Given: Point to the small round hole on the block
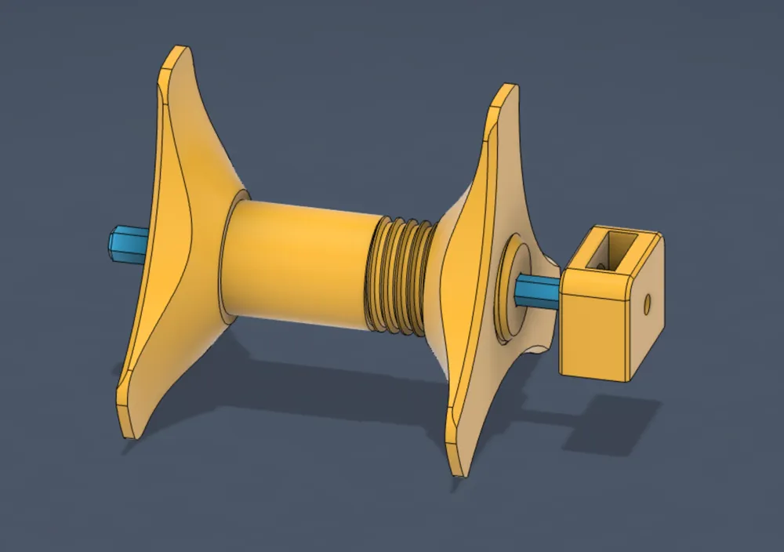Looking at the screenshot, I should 647,303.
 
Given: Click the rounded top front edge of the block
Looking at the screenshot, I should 596,278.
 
